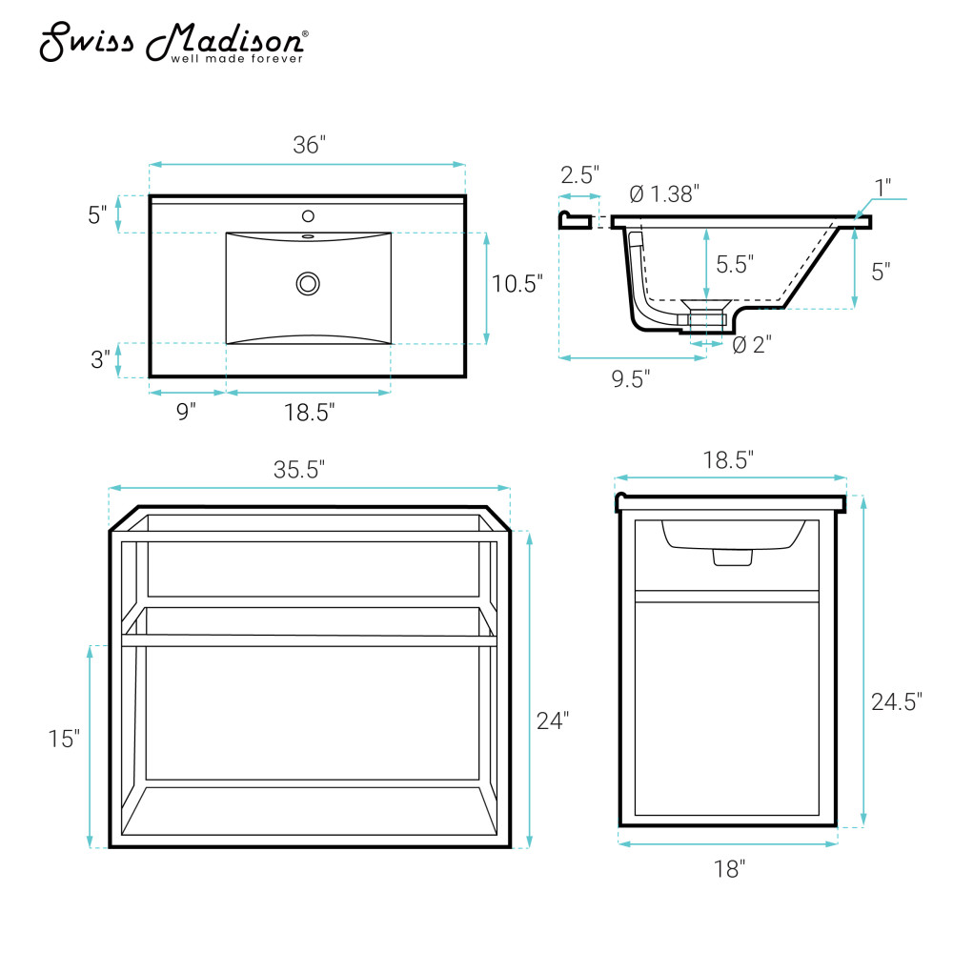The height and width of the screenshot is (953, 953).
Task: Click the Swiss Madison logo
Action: [173, 42]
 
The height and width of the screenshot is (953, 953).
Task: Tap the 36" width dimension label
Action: [310, 145]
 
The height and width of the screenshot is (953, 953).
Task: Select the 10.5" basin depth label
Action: [517, 284]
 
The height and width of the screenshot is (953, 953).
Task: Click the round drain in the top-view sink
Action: [308, 284]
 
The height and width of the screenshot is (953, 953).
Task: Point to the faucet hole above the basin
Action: [308, 215]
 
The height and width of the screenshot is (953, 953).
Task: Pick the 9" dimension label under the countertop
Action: [186, 412]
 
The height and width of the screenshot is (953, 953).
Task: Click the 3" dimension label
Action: [100, 359]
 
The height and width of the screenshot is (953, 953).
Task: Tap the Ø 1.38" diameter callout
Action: [664, 193]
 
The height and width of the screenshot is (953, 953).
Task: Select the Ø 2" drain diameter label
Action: [752, 345]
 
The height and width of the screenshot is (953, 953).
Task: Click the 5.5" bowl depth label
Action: [735, 264]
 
